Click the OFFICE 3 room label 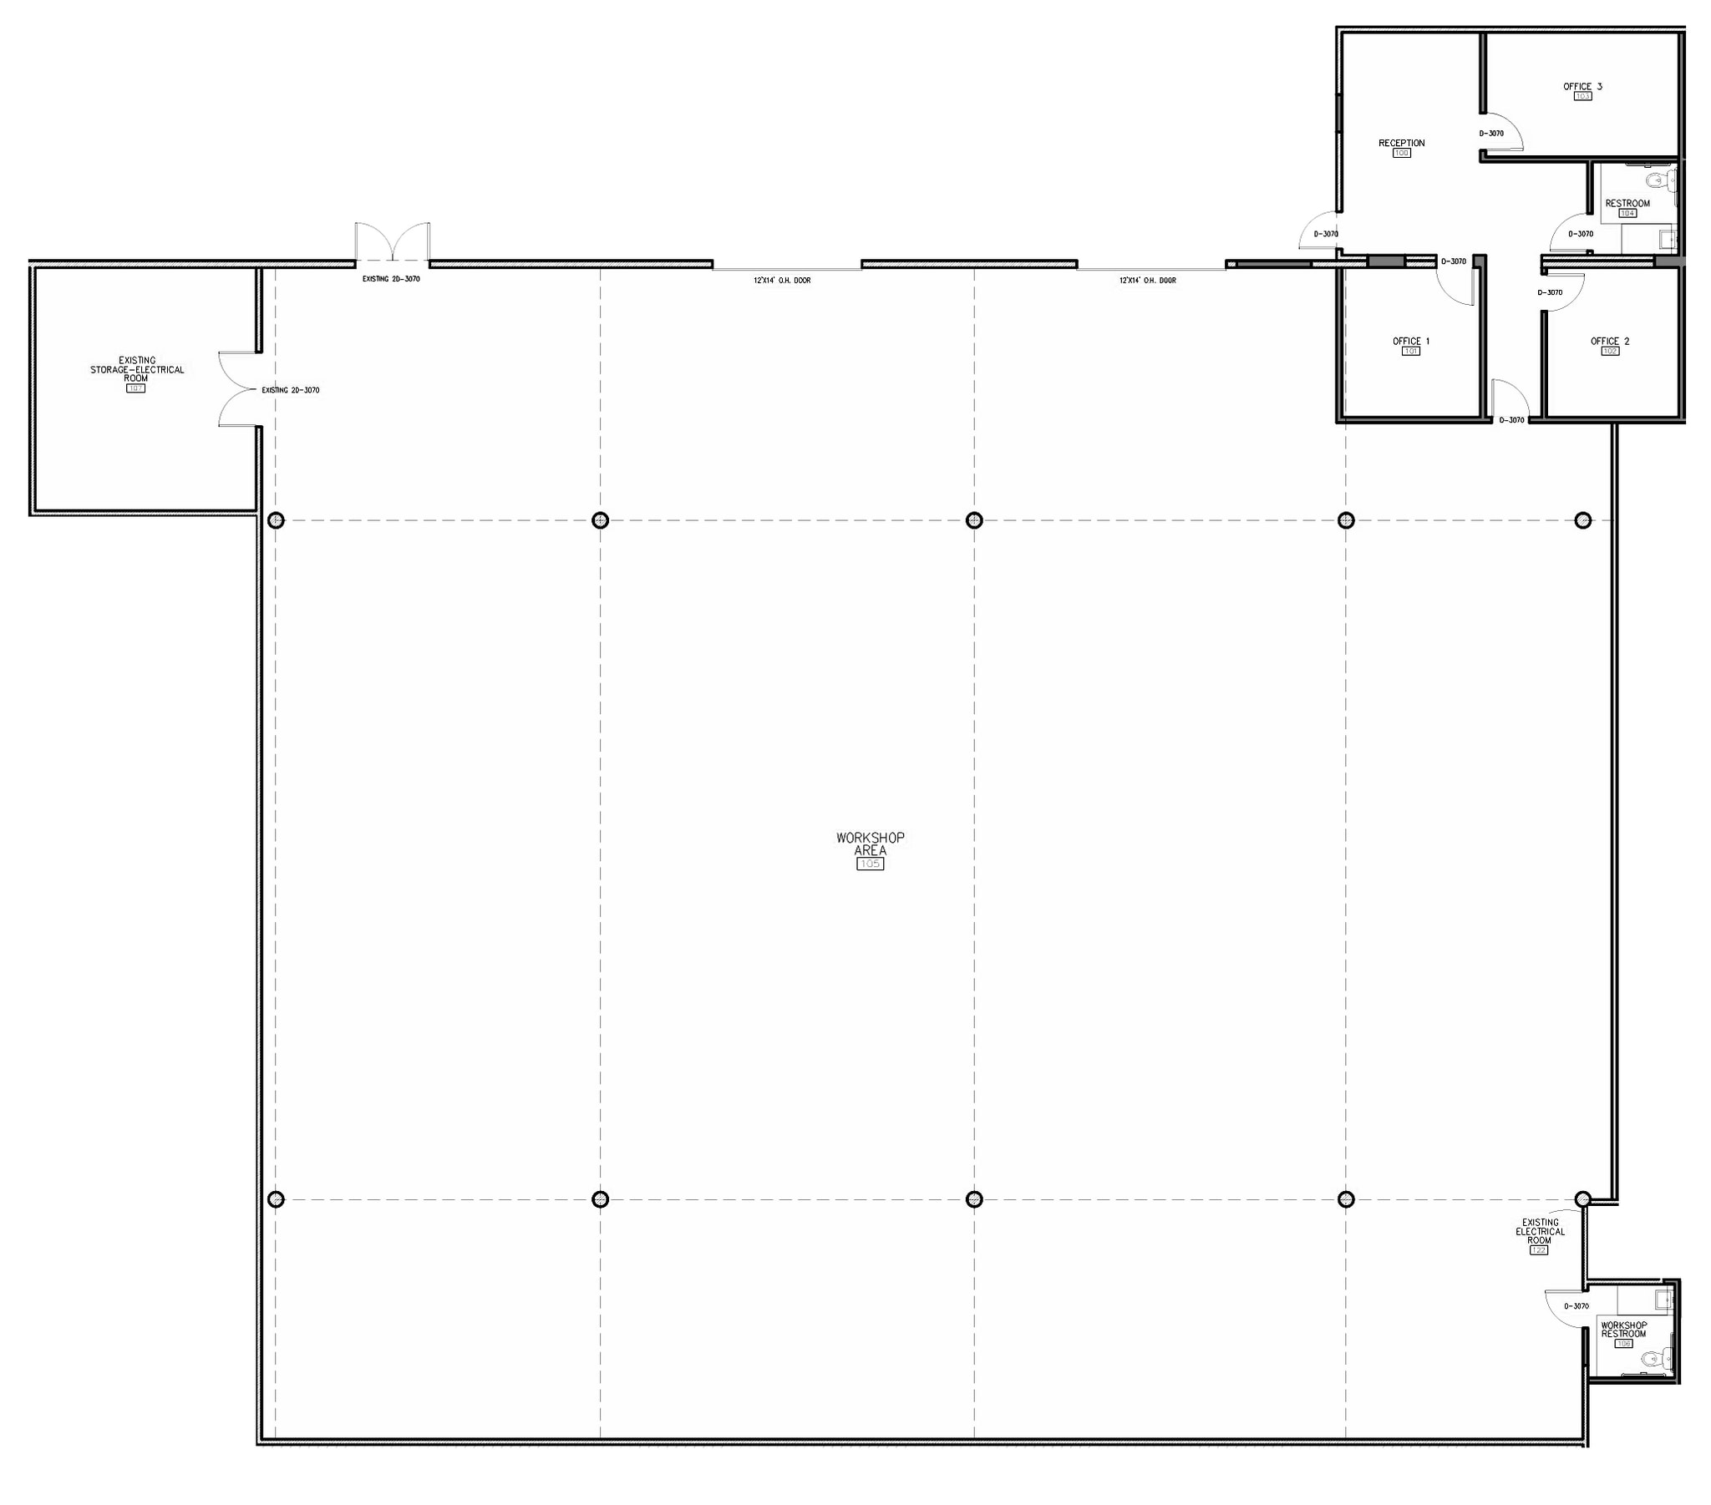click(x=1582, y=86)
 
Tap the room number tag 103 click(x=1582, y=96)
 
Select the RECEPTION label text click(x=1401, y=143)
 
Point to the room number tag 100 click(x=1401, y=153)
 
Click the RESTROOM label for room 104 click(x=1627, y=204)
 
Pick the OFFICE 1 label click(x=1410, y=341)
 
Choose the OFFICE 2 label click(x=1610, y=341)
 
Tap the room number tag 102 click(x=1610, y=352)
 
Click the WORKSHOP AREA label click(x=870, y=844)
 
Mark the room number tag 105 click(x=870, y=864)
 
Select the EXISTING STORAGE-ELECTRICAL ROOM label click(x=137, y=369)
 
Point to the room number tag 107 click(x=135, y=388)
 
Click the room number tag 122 click(x=1539, y=1250)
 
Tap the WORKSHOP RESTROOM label click(x=1623, y=1330)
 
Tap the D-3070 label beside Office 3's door click(x=1490, y=133)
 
